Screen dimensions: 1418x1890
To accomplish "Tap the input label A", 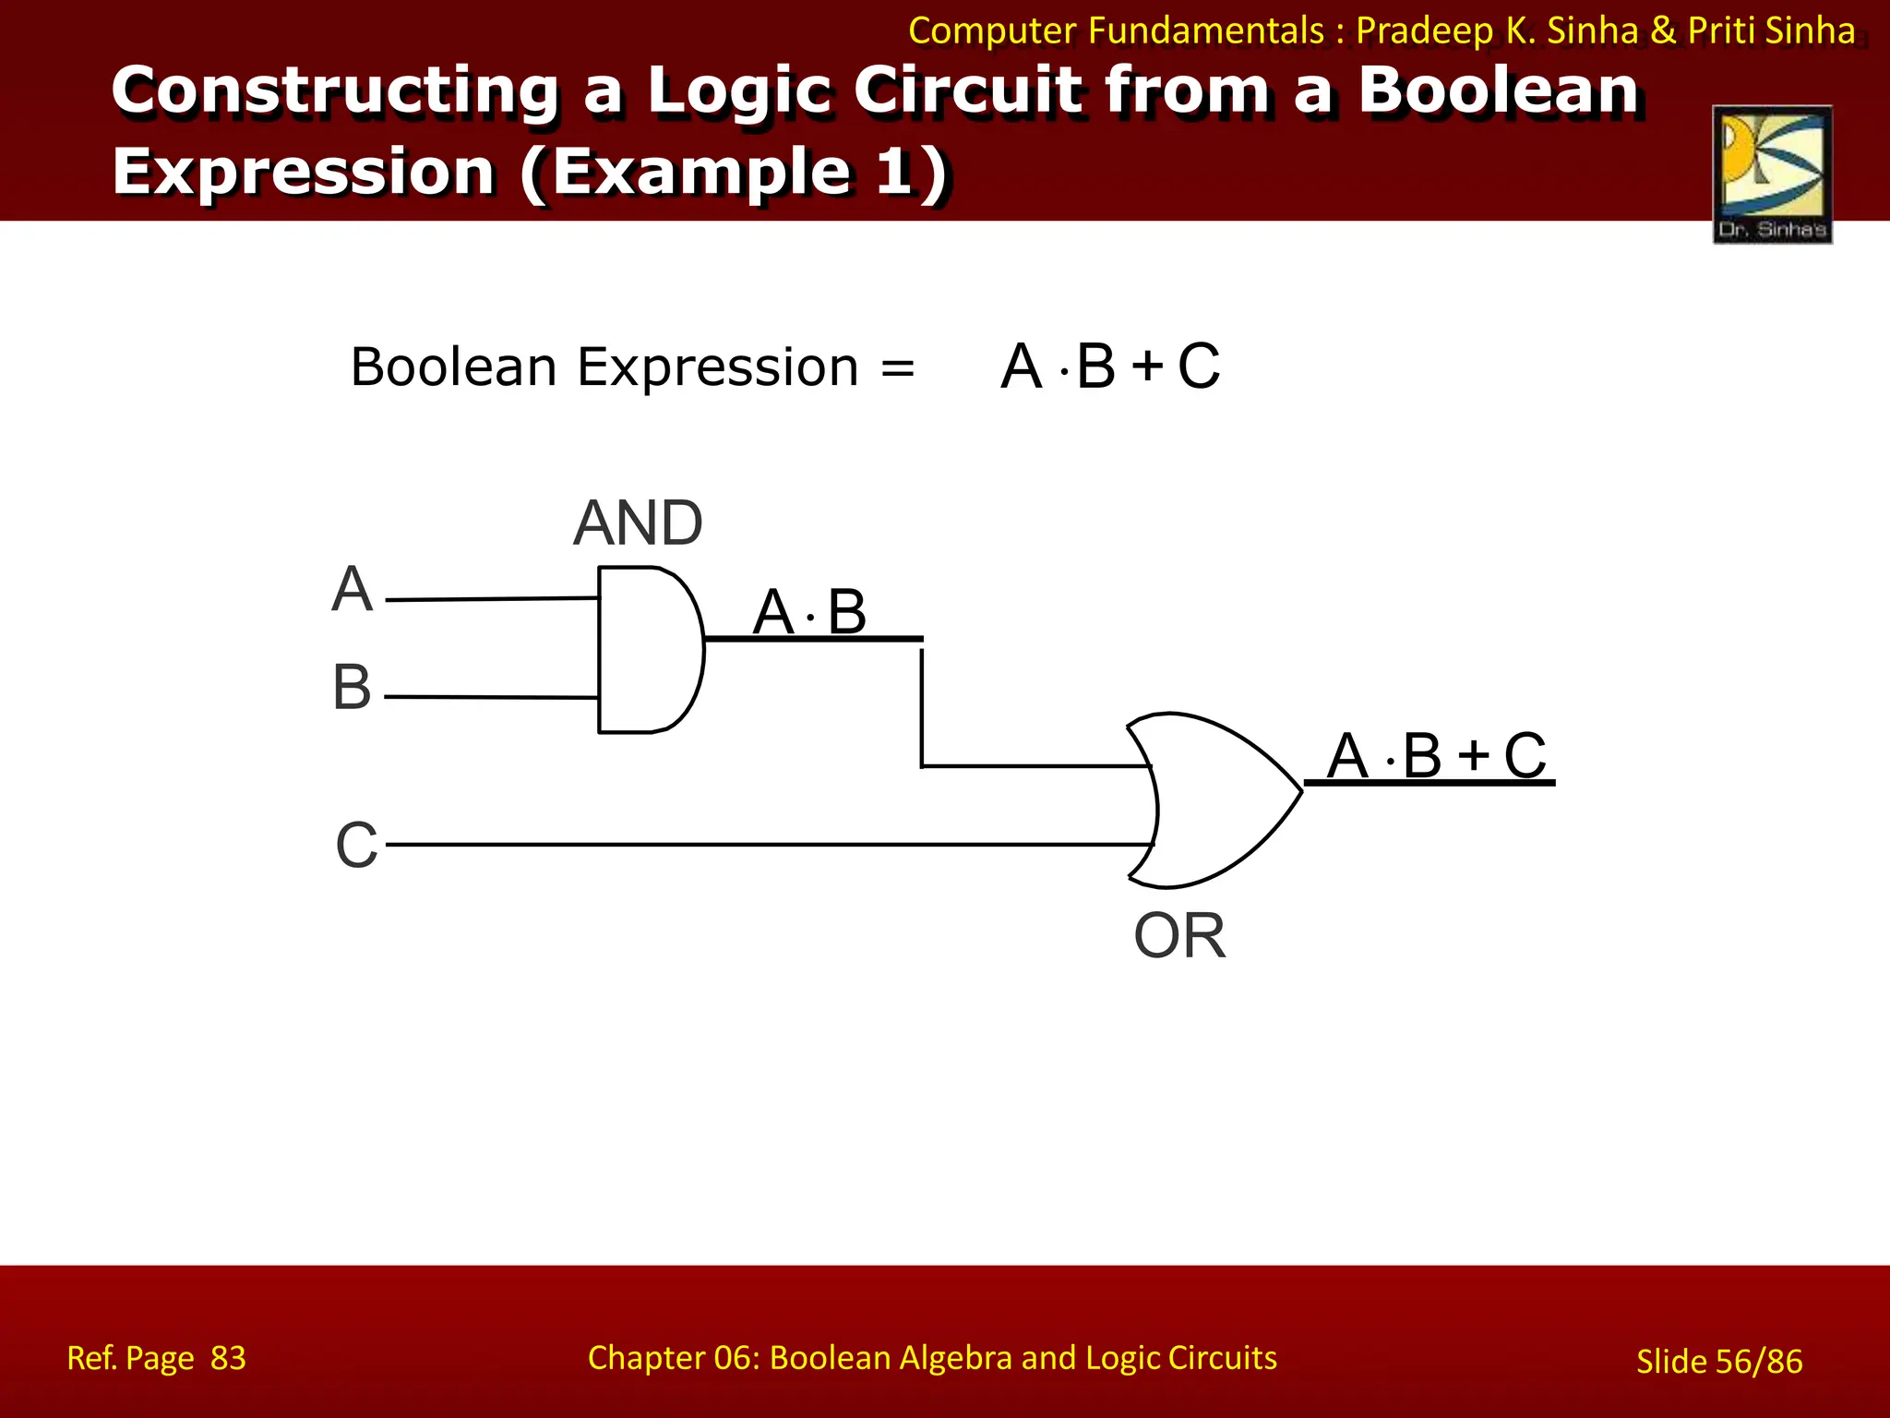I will click(x=352, y=589).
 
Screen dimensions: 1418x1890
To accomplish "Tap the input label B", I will click(x=352, y=688).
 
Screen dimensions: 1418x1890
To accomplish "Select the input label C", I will click(x=356, y=845).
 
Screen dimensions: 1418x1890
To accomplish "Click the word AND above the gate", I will click(x=638, y=523).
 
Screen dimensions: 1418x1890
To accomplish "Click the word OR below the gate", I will click(x=1179, y=936).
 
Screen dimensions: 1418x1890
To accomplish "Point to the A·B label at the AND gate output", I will click(x=809, y=612).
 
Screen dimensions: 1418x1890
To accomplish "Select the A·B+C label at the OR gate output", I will click(x=1436, y=756).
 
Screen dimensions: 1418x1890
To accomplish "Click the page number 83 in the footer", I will click(x=228, y=1358).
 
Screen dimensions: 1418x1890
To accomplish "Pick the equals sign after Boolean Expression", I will click(x=897, y=368).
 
